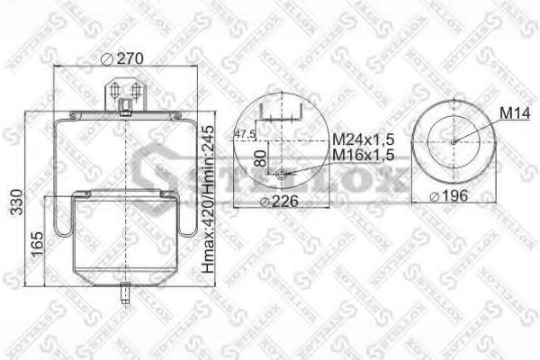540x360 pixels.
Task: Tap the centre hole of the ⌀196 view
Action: (454, 139)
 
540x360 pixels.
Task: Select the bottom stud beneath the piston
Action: (124, 294)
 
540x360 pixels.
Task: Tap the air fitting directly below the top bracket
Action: (125, 110)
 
